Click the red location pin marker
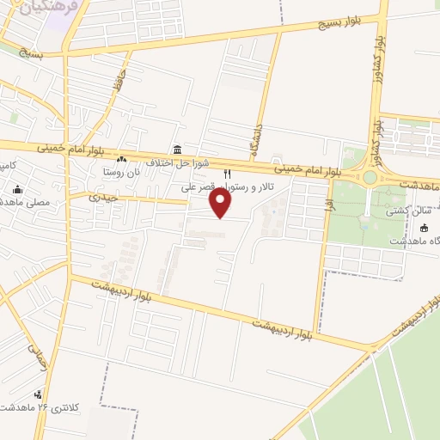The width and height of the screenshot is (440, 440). [x=222, y=203]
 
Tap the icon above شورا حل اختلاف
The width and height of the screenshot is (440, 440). [x=177, y=150]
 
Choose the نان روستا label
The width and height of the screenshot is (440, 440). [x=121, y=172]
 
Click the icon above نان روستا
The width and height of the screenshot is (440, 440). [x=121, y=159]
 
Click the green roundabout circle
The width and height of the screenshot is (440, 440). [x=370, y=177]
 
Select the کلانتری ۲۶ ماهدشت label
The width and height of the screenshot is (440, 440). [x=43, y=406]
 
